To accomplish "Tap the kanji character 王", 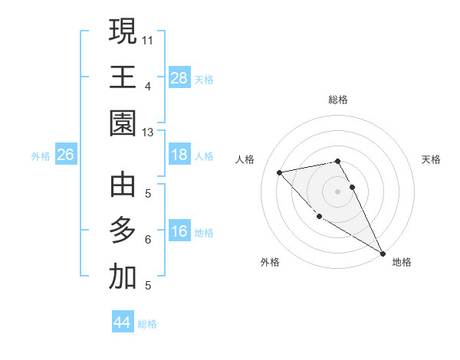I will point(123,77).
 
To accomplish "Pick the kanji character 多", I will point(123,231).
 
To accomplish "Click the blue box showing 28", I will point(179,77).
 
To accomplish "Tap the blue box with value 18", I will point(179,155).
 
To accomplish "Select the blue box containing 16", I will point(179,231).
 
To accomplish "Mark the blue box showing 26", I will point(65,155).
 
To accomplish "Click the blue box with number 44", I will point(123,322).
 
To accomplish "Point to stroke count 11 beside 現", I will point(148,38).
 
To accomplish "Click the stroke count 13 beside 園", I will point(148,132).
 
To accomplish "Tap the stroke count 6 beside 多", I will point(148,239).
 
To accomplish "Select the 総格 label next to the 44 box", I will point(147,324).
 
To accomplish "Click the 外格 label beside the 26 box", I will point(41,155).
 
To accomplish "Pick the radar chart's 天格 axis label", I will point(431,159).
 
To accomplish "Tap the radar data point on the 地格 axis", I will point(383,254).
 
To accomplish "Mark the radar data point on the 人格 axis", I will point(280,172).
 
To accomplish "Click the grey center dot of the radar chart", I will point(337,191).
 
